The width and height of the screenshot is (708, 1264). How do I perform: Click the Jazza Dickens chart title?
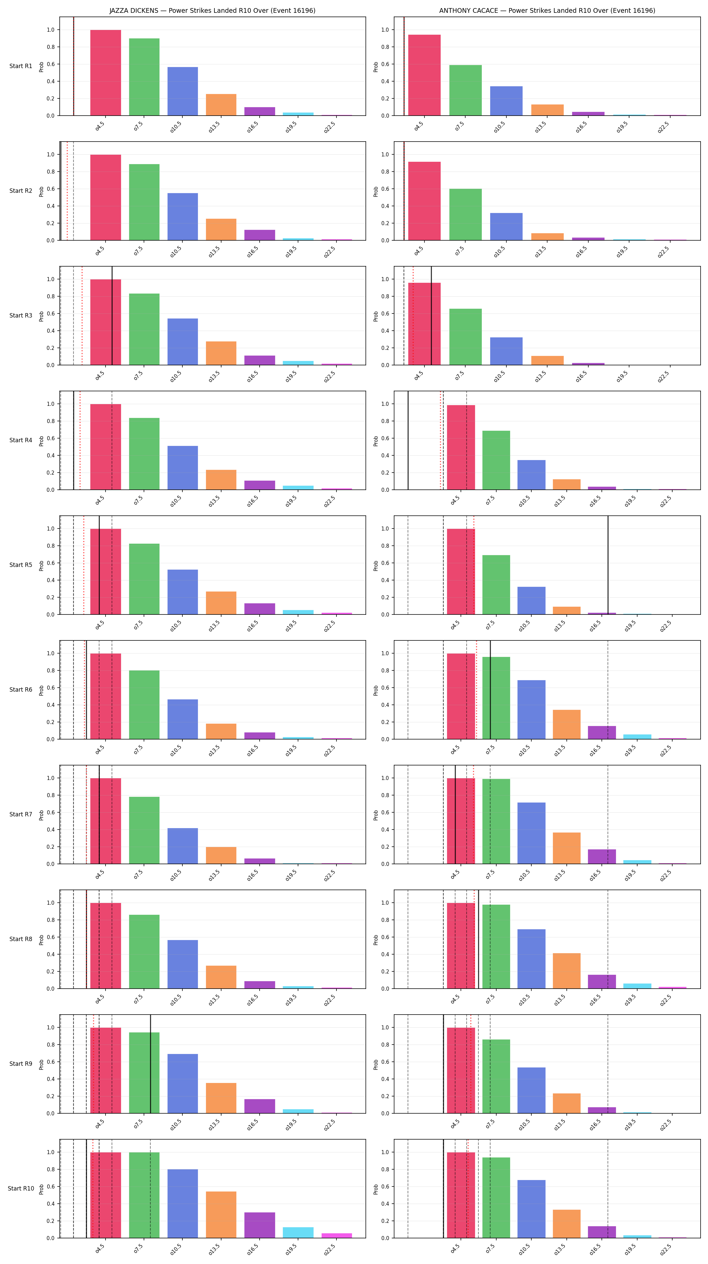pos(212,10)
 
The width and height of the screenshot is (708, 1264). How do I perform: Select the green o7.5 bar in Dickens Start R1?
pos(144,77)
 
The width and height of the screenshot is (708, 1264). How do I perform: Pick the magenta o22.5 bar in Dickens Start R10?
pos(336,1236)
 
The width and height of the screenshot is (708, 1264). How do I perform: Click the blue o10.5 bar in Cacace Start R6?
pos(531,710)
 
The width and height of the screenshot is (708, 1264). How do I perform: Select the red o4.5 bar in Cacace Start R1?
pos(424,75)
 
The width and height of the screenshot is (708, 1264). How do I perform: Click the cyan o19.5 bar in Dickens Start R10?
pos(298,1233)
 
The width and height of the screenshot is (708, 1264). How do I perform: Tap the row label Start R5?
pos(21,565)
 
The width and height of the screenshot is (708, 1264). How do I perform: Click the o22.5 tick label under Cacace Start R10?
pos(665,1248)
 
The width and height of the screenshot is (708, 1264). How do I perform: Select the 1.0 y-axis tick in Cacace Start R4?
pos(385,404)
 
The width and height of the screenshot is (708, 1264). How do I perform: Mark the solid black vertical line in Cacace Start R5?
pos(608,565)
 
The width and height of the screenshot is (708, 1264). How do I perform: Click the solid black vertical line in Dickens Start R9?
pos(151,1064)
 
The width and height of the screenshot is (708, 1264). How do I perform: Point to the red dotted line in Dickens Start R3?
pos(82,315)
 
